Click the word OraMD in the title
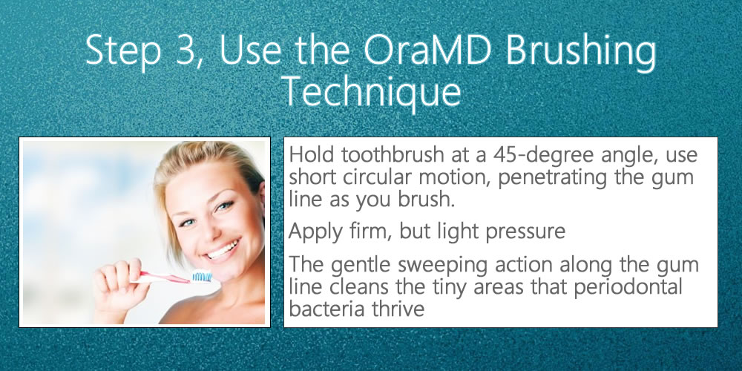tap(428, 50)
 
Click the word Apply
tap(315, 232)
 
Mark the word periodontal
tap(628, 286)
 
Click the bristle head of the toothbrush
tap(202, 276)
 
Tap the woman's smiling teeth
tap(221, 249)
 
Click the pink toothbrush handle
tap(163, 278)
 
